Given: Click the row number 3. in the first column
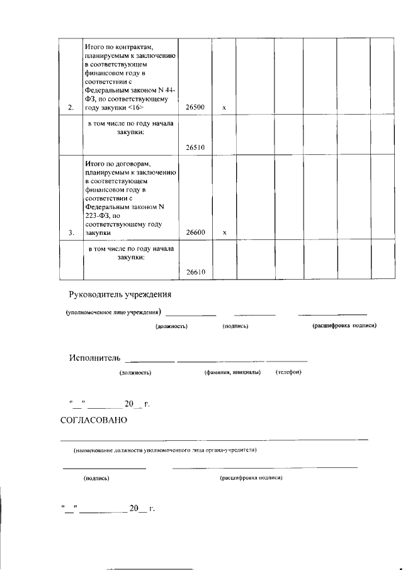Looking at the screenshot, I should click(x=71, y=232).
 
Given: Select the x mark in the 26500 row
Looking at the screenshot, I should click(x=224, y=108).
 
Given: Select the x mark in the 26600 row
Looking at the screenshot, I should click(x=224, y=232).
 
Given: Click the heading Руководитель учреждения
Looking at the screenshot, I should click(x=120, y=295).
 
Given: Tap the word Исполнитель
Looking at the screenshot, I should click(x=94, y=358).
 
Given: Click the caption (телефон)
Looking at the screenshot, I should click(x=289, y=372).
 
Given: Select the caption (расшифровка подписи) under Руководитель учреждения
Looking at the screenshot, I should click(x=344, y=326).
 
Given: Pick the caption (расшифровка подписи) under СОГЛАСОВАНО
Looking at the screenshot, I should click(x=251, y=478).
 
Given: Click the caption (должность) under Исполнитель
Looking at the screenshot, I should click(x=135, y=373).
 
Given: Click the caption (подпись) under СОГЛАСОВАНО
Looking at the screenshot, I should click(x=97, y=479).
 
